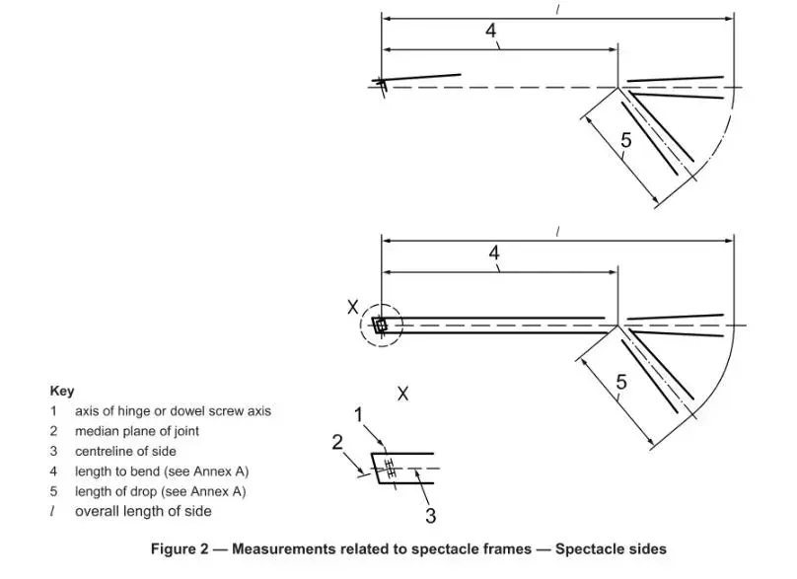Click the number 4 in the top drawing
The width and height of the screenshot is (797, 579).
click(x=491, y=31)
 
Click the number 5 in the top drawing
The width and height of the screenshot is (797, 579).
click(x=625, y=141)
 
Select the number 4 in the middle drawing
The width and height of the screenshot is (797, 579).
click(x=495, y=253)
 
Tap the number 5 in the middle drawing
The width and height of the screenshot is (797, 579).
click(x=620, y=382)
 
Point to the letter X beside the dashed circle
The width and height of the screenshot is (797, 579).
click(x=353, y=308)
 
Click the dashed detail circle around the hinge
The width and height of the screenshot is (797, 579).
click(x=380, y=325)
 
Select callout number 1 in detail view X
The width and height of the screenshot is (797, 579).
click(x=360, y=414)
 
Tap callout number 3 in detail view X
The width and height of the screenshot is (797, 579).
click(x=431, y=515)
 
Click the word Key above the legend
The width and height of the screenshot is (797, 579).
click(x=61, y=391)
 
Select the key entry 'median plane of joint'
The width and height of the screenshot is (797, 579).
click(x=137, y=431)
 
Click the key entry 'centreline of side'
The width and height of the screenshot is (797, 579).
click(x=125, y=451)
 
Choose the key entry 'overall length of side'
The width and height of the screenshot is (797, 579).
click(x=143, y=511)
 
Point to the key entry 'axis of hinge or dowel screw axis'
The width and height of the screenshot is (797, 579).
click(x=173, y=410)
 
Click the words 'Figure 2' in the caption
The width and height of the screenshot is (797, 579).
click(x=179, y=548)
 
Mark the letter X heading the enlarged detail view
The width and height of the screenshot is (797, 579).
click(x=402, y=394)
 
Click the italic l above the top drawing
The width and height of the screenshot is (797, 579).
click(x=558, y=9)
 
